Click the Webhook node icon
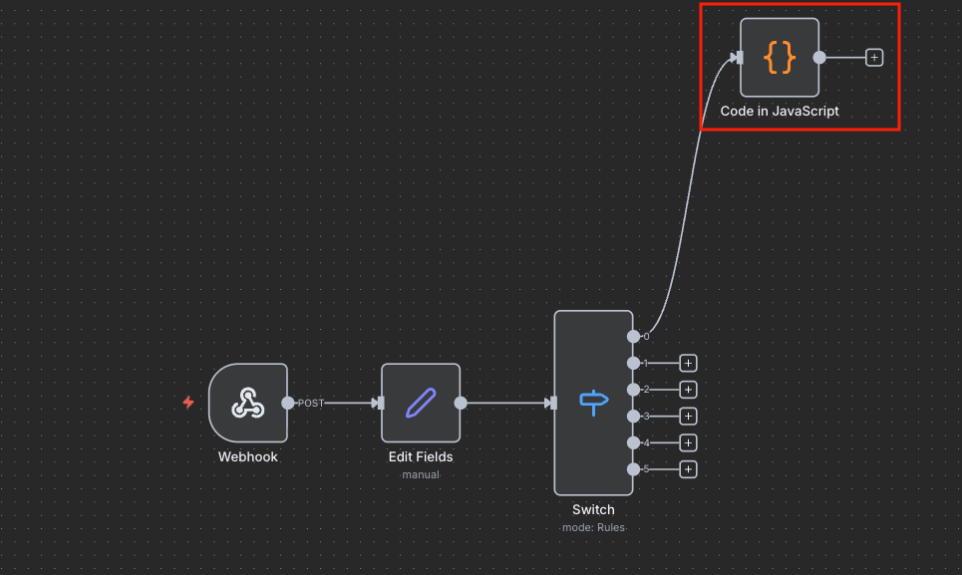248,403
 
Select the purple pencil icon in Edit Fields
421,403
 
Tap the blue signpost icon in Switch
594,403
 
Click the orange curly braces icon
780,58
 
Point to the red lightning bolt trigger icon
188,403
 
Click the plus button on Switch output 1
689,364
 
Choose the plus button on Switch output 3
689,417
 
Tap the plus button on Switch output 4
689,442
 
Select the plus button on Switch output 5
689,469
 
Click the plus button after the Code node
874,58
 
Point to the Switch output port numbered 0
634,337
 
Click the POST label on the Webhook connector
310,404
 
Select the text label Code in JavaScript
780,111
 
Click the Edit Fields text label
421,456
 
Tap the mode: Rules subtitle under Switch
593,527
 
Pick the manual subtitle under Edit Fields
421,474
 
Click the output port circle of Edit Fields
461,403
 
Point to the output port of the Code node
819,58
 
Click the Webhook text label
248,456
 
